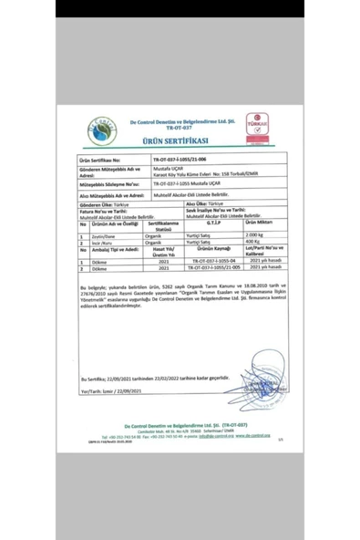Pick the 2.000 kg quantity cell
(x=256, y=235)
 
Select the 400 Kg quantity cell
(x=255, y=243)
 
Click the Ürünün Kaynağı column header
(x=212, y=249)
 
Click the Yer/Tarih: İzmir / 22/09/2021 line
(x=115, y=390)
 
